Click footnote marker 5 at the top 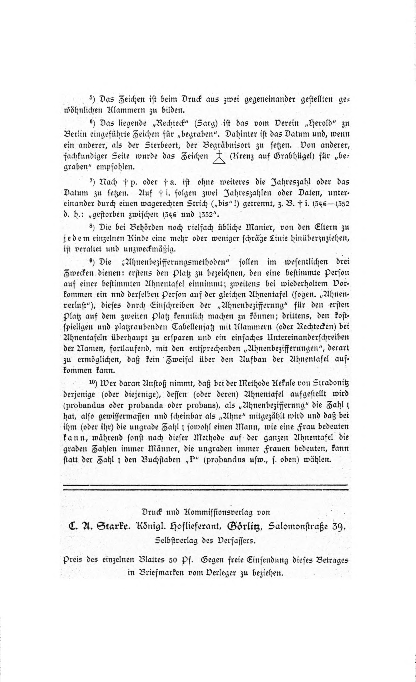[x=91, y=98]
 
